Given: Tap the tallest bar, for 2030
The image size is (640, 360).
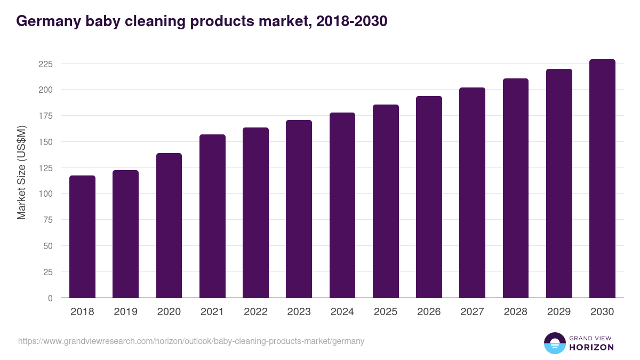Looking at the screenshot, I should pyautogui.click(x=602, y=179).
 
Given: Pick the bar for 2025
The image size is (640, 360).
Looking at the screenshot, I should pyautogui.click(x=386, y=201).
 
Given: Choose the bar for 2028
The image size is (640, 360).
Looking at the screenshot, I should pyautogui.click(x=516, y=188).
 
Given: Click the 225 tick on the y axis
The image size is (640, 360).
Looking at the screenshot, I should pyautogui.click(x=46, y=64).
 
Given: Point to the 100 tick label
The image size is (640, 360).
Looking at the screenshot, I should pyautogui.click(x=46, y=194).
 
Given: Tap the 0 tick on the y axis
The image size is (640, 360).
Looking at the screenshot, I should pyautogui.click(x=50, y=298).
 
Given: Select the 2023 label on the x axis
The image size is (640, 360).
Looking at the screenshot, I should pyautogui.click(x=299, y=312).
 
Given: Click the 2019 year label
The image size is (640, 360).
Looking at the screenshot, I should pyautogui.click(x=125, y=312).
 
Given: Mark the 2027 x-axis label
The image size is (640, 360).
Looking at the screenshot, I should pyautogui.click(x=472, y=312).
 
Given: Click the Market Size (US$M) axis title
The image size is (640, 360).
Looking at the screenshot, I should pyautogui.click(x=21, y=172).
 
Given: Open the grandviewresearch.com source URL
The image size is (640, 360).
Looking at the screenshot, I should pyautogui.click(x=191, y=341).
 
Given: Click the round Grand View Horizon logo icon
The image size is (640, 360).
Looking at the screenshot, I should pyautogui.click(x=555, y=343).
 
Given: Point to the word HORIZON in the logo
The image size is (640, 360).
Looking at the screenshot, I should pyautogui.click(x=591, y=347).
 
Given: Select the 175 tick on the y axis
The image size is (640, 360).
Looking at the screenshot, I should pyautogui.click(x=46, y=116).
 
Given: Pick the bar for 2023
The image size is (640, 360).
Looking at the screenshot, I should pyautogui.click(x=299, y=209).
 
